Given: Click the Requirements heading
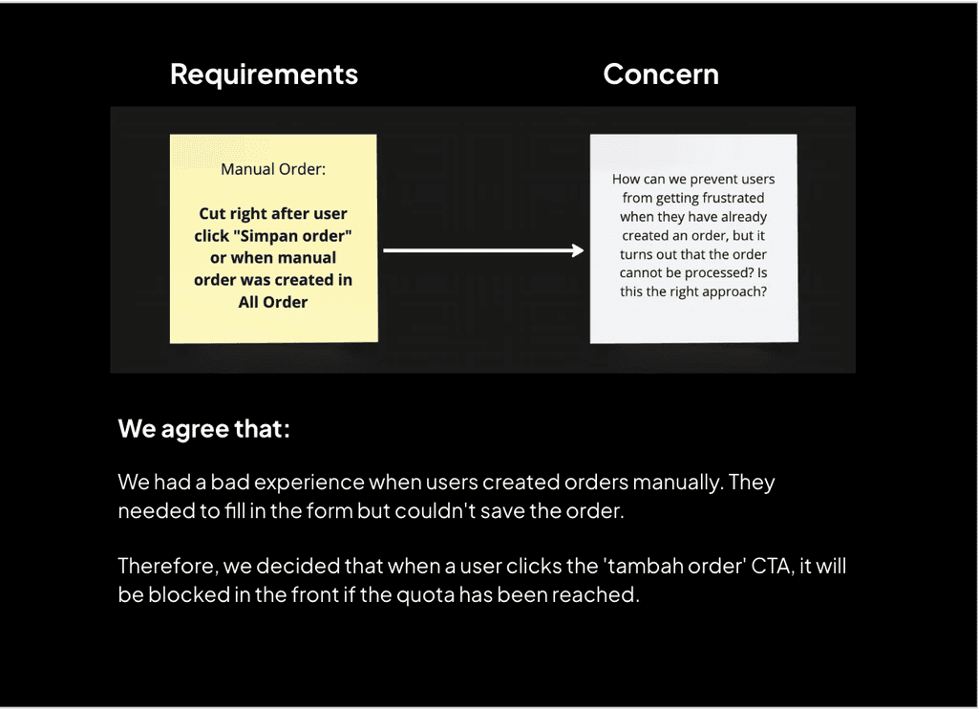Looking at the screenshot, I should point(264,75).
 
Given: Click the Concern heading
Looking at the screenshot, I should point(661,75).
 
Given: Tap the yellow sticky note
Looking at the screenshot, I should point(273,238).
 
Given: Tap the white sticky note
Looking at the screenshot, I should point(693,238).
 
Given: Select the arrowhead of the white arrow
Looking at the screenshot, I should point(576,250).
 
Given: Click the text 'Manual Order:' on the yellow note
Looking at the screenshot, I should point(273,169).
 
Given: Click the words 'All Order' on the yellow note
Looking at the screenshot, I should point(273,302).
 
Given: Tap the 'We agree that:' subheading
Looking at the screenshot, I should point(203,429).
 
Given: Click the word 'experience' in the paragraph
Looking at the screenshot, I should point(312,483).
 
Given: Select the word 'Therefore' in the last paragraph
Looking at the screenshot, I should point(169,567).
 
